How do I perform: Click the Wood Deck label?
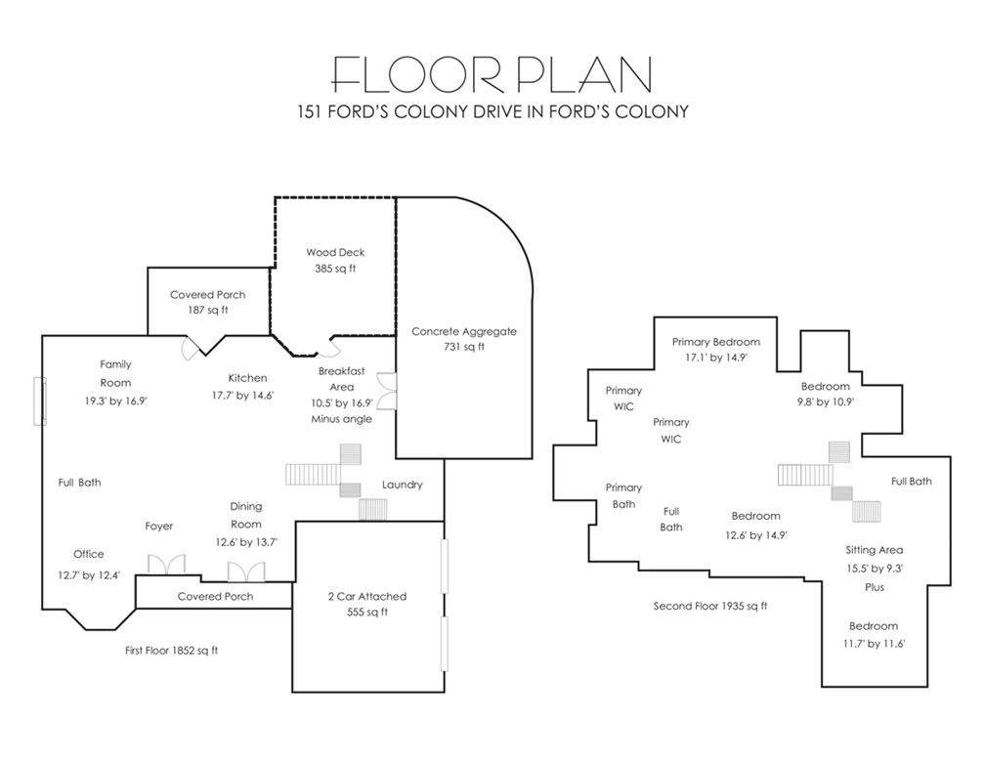335,252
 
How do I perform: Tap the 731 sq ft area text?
463,347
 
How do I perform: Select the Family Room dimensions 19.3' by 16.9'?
115,401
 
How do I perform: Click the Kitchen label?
247,378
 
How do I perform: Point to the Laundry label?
402,485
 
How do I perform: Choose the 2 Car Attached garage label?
366,597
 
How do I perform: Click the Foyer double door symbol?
166,564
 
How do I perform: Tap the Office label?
89,554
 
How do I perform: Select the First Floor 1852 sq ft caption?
172,651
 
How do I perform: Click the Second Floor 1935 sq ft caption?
710,606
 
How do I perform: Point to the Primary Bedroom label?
716,342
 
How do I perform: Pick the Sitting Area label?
874,550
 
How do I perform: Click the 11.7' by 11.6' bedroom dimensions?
874,644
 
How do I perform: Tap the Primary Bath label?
623,495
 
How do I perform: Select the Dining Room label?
245,515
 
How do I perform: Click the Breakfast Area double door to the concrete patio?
387,391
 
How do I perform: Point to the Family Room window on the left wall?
39,402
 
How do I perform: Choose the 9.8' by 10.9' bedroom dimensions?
826,402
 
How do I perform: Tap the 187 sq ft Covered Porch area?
208,311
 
